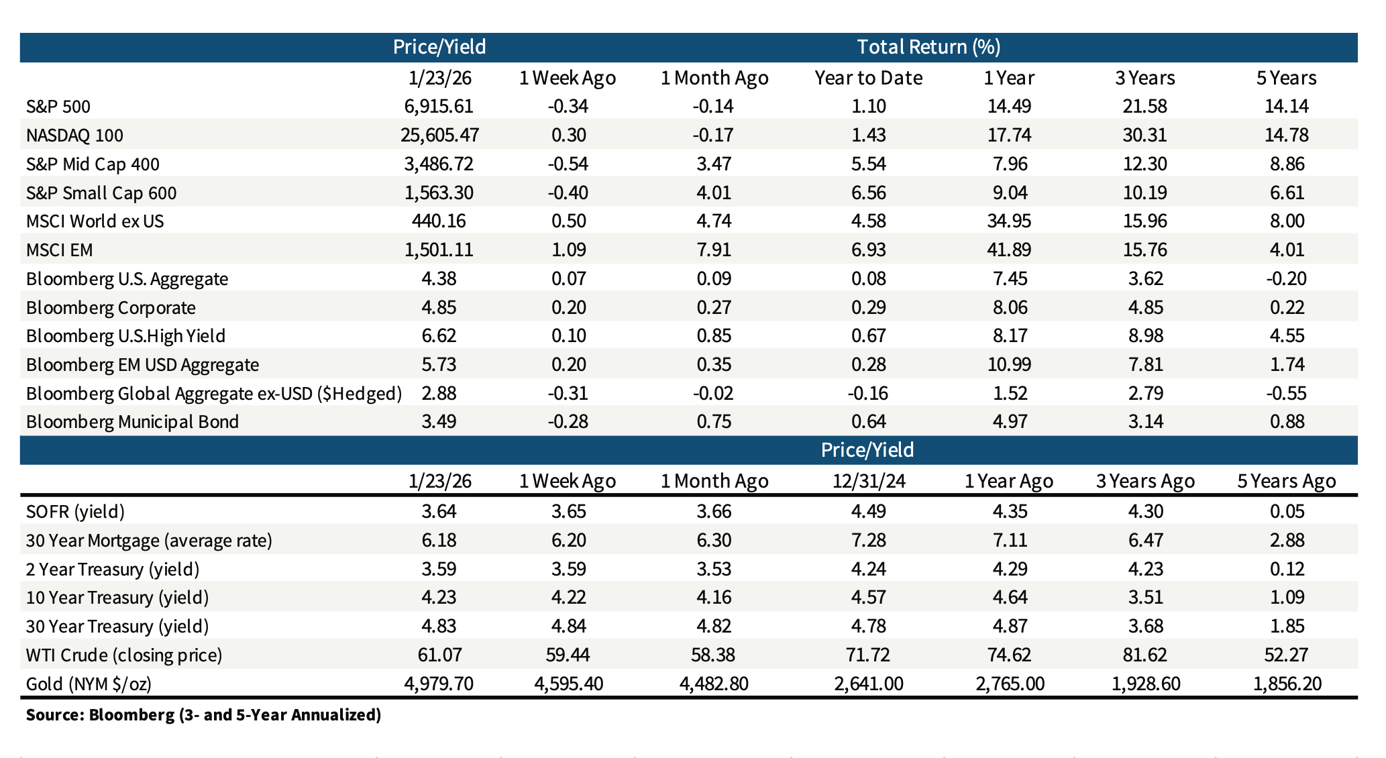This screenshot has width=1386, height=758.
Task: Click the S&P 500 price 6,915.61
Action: (x=439, y=106)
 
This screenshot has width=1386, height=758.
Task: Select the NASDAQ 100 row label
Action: (x=74, y=136)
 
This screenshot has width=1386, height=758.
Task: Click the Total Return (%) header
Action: (x=928, y=47)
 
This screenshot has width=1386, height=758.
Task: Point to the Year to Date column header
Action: (x=868, y=78)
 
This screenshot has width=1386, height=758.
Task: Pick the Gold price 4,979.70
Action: (x=439, y=684)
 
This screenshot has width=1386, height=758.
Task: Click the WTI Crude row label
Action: (x=123, y=655)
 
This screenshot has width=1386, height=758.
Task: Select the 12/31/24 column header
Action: (x=868, y=481)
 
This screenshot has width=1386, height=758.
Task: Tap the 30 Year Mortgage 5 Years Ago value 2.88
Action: (x=1286, y=541)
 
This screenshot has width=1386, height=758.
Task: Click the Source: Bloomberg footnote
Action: (x=203, y=714)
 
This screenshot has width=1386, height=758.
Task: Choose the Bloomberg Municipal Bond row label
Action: (x=132, y=422)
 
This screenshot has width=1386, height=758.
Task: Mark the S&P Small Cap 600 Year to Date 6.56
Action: (x=868, y=193)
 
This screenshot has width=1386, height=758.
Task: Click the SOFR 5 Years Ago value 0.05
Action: (x=1286, y=512)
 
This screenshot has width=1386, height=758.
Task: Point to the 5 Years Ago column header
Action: (x=1286, y=481)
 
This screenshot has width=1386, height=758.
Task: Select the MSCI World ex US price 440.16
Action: (x=439, y=221)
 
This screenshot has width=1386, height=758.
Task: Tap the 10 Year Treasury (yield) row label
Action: (x=117, y=598)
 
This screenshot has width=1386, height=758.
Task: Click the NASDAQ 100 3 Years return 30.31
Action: (x=1144, y=136)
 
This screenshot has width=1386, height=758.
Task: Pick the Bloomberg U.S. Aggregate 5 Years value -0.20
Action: (x=1286, y=279)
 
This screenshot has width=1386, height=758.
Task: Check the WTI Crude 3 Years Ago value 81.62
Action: (x=1144, y=655)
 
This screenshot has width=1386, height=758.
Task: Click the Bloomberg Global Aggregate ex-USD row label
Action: (x=213, y=393)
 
